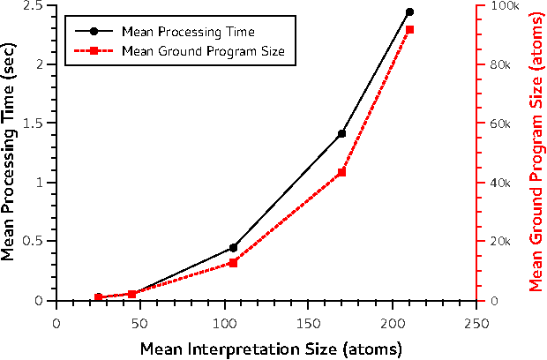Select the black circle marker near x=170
342,133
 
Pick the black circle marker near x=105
233,248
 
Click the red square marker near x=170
342,172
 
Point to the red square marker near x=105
233,263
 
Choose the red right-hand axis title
536,152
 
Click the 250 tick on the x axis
476,322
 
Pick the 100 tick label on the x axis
224,322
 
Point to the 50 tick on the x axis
140,322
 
